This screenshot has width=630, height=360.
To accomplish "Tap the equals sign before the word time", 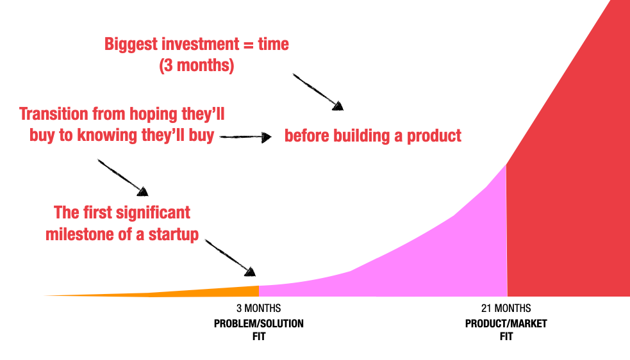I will coord(249,45).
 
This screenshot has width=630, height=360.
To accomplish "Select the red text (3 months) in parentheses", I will coord(196,66).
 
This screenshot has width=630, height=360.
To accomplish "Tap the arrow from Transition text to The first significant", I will coord(122,177).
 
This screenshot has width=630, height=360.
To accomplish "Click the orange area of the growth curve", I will coord(211,291).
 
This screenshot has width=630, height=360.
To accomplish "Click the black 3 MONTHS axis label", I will coord(258,309).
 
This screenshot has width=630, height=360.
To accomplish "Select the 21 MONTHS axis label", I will coord(506,309).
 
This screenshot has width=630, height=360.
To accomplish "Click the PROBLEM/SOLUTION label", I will coord(258,323).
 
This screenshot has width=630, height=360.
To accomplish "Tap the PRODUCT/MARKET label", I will coord(506,323).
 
